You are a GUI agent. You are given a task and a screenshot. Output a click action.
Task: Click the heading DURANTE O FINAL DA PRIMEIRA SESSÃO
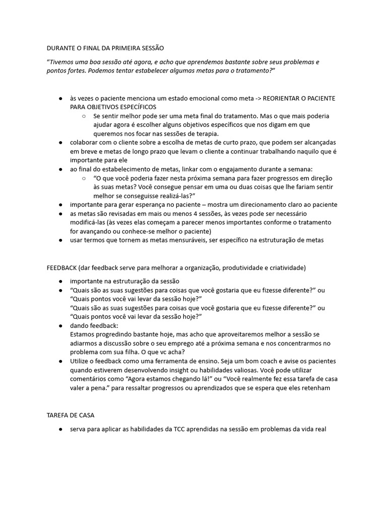tap(105, 48)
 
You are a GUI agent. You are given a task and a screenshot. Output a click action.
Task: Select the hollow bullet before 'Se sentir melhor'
tap(84, 116)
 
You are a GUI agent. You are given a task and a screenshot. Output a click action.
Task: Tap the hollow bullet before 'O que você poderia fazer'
tap(84, 179)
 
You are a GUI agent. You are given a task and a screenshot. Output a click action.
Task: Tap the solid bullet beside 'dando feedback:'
tap(60, 326)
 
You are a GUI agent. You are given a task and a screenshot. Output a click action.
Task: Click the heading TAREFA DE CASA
tap(71, 416)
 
